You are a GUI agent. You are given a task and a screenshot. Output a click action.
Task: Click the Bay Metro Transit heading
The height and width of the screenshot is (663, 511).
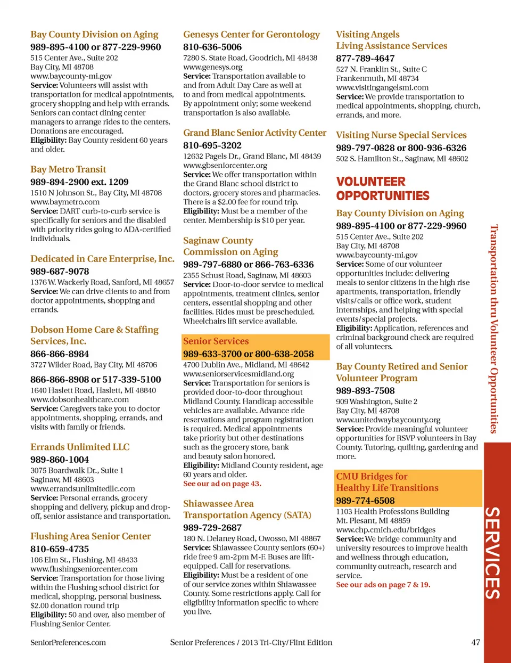68,169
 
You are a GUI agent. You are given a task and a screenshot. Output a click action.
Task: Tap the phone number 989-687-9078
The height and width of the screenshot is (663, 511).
60,272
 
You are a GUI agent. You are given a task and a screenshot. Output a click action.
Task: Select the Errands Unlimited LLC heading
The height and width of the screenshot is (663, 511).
80,447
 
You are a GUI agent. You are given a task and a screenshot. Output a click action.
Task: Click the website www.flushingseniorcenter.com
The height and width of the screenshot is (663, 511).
84,569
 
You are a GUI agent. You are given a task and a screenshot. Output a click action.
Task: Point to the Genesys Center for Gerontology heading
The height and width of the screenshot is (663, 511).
251,35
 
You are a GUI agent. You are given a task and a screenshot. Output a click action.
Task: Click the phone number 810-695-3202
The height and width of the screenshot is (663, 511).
212,145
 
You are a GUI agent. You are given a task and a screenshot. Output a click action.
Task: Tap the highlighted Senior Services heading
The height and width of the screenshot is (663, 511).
216,341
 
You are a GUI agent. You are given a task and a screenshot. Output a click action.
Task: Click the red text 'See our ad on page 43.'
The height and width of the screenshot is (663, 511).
222,484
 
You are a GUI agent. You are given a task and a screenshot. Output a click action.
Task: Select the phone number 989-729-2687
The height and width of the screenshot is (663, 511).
212,528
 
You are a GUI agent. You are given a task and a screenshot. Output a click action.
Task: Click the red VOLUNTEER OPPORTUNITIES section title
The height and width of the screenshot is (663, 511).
382,189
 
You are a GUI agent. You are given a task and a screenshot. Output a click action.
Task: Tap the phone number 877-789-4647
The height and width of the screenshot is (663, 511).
365,59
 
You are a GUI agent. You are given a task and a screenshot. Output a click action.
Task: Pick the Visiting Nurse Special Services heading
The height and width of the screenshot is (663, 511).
401,135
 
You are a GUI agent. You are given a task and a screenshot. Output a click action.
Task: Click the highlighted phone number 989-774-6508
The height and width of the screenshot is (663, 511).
365,501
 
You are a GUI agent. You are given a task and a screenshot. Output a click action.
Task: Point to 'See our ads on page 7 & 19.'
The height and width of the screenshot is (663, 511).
383,585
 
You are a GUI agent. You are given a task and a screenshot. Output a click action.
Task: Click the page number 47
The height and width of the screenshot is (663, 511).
475,642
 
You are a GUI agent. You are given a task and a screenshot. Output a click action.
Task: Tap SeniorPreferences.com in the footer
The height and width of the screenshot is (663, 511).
68,643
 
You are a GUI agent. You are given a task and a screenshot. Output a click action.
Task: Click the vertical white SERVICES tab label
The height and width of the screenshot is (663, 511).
493,553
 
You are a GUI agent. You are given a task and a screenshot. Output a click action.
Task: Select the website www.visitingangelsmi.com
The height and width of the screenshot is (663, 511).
382,87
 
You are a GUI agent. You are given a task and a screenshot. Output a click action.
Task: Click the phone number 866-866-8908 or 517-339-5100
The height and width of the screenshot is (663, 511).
95,380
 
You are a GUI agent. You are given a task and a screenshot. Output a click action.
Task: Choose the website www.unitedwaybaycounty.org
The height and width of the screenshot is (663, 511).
388,420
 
